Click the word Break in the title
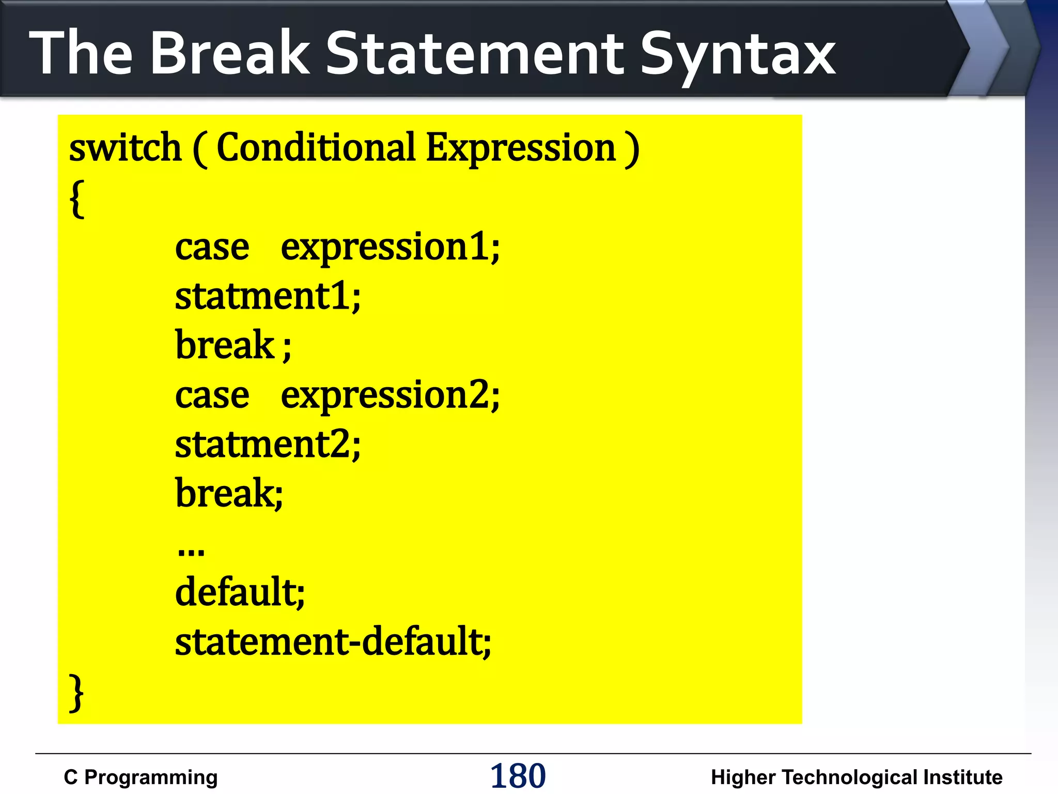pos(230,53)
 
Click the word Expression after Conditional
pos(521,149)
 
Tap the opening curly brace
pos(77,199)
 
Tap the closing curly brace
pos(76,693)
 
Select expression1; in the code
pos(390,248)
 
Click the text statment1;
pos(268,297)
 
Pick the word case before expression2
pos(212,396)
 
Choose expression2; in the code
pos(390,396)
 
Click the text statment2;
pos(268,445)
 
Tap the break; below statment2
pos(229,494)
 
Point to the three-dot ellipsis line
pos(191,551)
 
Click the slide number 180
pos(518,776)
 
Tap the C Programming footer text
pos(141,777)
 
